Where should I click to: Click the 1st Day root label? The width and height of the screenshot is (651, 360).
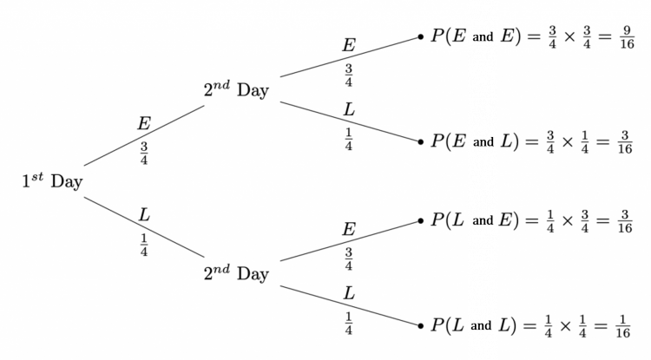(x=52, y=181)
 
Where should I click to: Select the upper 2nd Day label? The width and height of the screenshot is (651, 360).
(x=236, y=89)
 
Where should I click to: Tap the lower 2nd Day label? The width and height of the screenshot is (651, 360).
(x=236, y=274)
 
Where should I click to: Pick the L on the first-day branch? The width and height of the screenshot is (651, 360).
(x=144, y=214)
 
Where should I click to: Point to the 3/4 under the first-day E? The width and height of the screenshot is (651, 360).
(x=144, y=154)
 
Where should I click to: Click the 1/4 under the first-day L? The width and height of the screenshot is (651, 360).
(x=144, y=245)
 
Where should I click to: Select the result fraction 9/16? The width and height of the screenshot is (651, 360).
(x=622, y=40)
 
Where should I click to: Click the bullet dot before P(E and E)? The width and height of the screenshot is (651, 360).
(x=421, y=37)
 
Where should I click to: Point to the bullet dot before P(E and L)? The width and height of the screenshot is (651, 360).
(x=421, y=140)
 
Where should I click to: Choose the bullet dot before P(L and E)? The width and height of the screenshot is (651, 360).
(x=421, y=221)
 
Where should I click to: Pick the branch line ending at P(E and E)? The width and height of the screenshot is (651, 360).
(x=347, y=57)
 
